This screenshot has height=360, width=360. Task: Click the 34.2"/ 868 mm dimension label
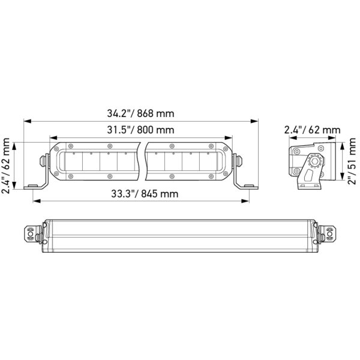coord(140,113)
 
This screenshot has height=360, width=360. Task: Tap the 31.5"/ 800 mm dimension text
coord(140,130)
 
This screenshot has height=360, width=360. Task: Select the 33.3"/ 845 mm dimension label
coord(145,194)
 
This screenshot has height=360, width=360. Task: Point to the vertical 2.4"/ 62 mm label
coord(5,166)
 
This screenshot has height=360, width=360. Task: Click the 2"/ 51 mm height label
coord(352,161)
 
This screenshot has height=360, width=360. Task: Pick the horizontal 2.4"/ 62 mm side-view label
coord(312,130)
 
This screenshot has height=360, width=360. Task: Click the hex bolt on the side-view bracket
coord(313,161)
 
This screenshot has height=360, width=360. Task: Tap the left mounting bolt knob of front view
coord(42,161)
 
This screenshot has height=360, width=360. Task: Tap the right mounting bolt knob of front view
coord(239,161)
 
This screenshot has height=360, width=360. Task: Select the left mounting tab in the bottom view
coord(31,234)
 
